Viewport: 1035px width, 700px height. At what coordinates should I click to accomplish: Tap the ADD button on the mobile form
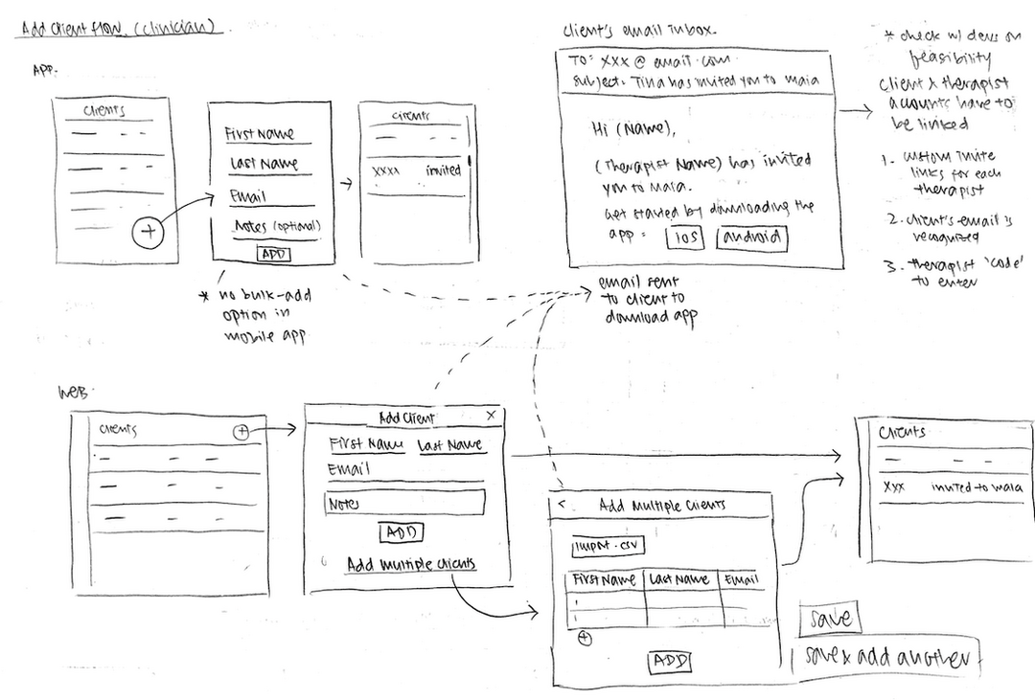(273, 254)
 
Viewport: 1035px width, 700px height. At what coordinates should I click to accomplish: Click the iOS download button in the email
(683, 237)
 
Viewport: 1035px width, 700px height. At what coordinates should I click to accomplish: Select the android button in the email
(752, 237)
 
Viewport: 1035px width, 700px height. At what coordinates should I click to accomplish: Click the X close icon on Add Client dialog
(492, 415)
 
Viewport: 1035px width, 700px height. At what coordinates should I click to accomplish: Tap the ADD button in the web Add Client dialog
(402, 532)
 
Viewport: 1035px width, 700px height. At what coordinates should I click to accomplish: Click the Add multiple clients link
(411, 564)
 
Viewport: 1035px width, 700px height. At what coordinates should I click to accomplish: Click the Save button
(830, 618)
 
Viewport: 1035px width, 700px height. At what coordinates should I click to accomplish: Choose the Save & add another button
(886, 658)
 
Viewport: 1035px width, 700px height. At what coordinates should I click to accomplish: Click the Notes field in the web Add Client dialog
(404, 503)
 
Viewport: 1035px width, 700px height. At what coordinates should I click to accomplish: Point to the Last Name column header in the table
(679, 579)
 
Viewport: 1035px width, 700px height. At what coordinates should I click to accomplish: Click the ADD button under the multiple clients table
(670, 661)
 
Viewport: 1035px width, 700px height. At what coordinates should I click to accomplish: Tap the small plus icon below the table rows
(585, 639)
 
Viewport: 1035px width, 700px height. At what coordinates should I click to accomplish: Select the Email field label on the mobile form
(247, 196)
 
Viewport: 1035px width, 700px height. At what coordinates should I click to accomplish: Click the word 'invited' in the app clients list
(443, 170)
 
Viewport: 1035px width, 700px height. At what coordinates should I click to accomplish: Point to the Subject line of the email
(695, 81)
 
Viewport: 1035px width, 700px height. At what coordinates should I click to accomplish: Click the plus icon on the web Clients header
(241, 432)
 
